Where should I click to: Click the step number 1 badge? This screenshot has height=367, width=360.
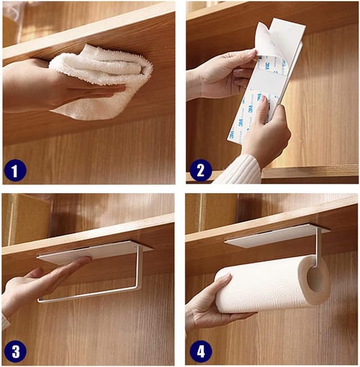pos(15,170)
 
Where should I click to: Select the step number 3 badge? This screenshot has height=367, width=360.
pos(15,352)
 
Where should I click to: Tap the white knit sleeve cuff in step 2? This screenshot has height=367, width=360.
pos(239,170)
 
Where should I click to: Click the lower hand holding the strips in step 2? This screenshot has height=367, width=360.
pos(264,135)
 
